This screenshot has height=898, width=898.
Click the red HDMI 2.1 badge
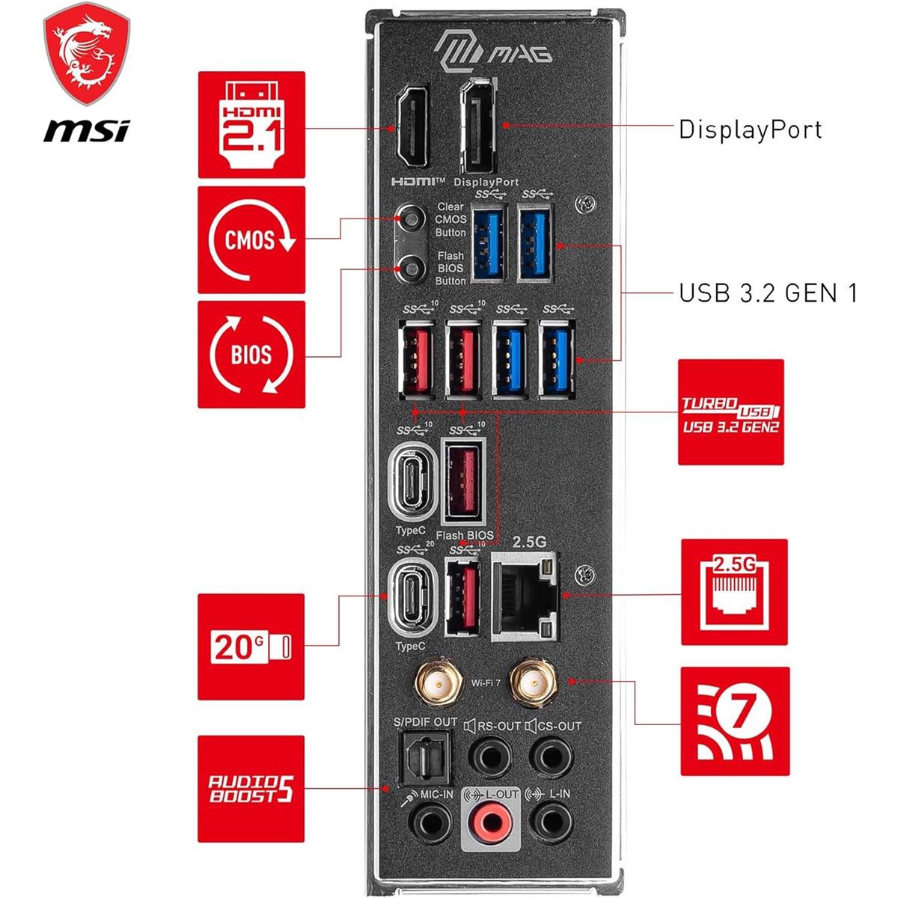pyautogui.click(x=251, y=125)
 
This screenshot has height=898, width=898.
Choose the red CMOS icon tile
pyautogui.click(x=251, y=240)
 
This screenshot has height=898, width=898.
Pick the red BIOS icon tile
pyautogui.click(x=251, y=354)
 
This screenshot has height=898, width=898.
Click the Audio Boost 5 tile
pyautogui.click(x=251, y=789)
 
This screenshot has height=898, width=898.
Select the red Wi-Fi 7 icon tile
pyautogui.click(x=734, y=721)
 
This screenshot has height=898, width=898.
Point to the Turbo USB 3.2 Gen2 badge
pyautogui.click(x=731, y=412)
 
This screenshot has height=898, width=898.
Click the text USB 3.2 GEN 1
pyautogui.click(x=767, y=293)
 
